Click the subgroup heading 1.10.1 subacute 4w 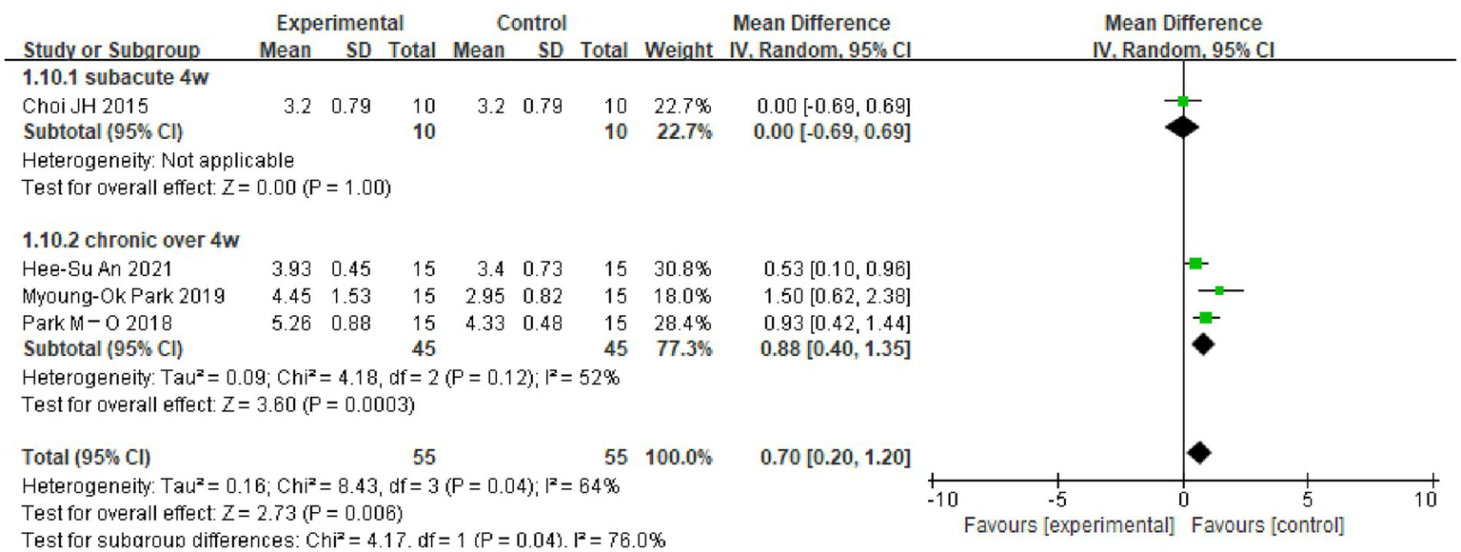[x=115, y=78]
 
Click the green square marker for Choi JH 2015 [x=1182, y=101]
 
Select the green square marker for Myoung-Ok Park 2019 [x=1219, y=290]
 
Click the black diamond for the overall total [x=1199, y=452]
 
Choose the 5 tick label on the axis [x=1307, y=502]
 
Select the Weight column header [x=678, y=49]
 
